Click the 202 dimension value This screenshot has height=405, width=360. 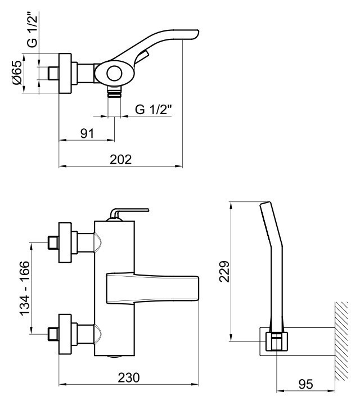coord(120,159)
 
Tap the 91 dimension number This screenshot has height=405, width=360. coord(87,133)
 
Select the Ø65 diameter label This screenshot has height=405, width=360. coord(17,73)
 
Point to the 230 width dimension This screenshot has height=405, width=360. coord(129,377)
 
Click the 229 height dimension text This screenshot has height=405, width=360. coord(224,272)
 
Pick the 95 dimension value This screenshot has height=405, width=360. coord(306,384)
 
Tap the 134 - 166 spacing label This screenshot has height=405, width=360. coord(25,288)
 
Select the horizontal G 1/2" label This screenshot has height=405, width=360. coord(154,110)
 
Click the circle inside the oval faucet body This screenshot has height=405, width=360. coord(114,73)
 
